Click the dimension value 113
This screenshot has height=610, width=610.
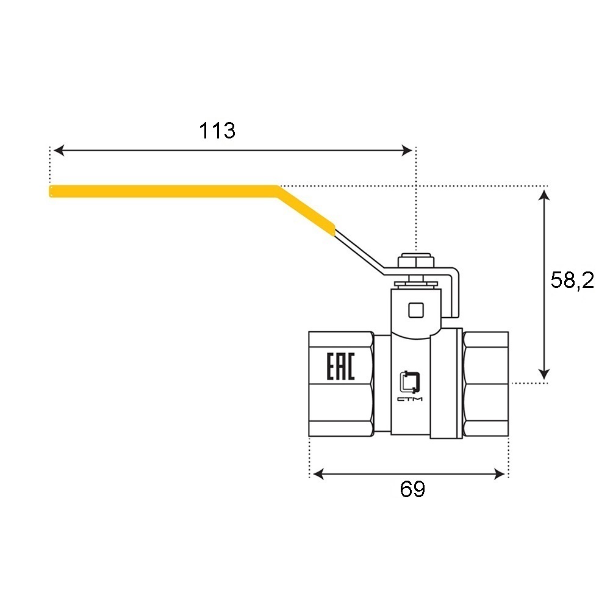point(217,131)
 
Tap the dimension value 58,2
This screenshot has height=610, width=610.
point(572,280)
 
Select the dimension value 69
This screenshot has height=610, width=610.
point(412,489)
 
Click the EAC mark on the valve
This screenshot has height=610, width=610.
point(340,367)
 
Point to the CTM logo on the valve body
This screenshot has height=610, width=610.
point(410,386)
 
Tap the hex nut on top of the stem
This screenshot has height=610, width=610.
point(416,260)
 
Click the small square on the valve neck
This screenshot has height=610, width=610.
point(415,310)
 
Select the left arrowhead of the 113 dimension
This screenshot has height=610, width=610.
point(59,151)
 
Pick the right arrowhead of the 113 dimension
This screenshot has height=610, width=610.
point(407,151)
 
